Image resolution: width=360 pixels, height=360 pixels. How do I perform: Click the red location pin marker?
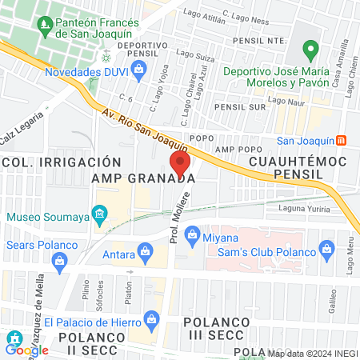point(181,162)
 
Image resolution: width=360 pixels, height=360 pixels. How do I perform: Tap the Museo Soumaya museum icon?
point(100,214)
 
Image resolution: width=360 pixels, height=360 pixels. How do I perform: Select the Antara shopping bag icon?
point(145,251)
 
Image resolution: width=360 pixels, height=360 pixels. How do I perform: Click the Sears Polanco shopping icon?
point(59,261)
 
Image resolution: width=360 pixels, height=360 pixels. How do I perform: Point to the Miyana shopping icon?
point(191,234)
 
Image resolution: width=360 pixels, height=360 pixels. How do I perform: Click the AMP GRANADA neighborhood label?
point(143,178)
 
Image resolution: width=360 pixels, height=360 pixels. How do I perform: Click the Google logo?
point(27,350)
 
